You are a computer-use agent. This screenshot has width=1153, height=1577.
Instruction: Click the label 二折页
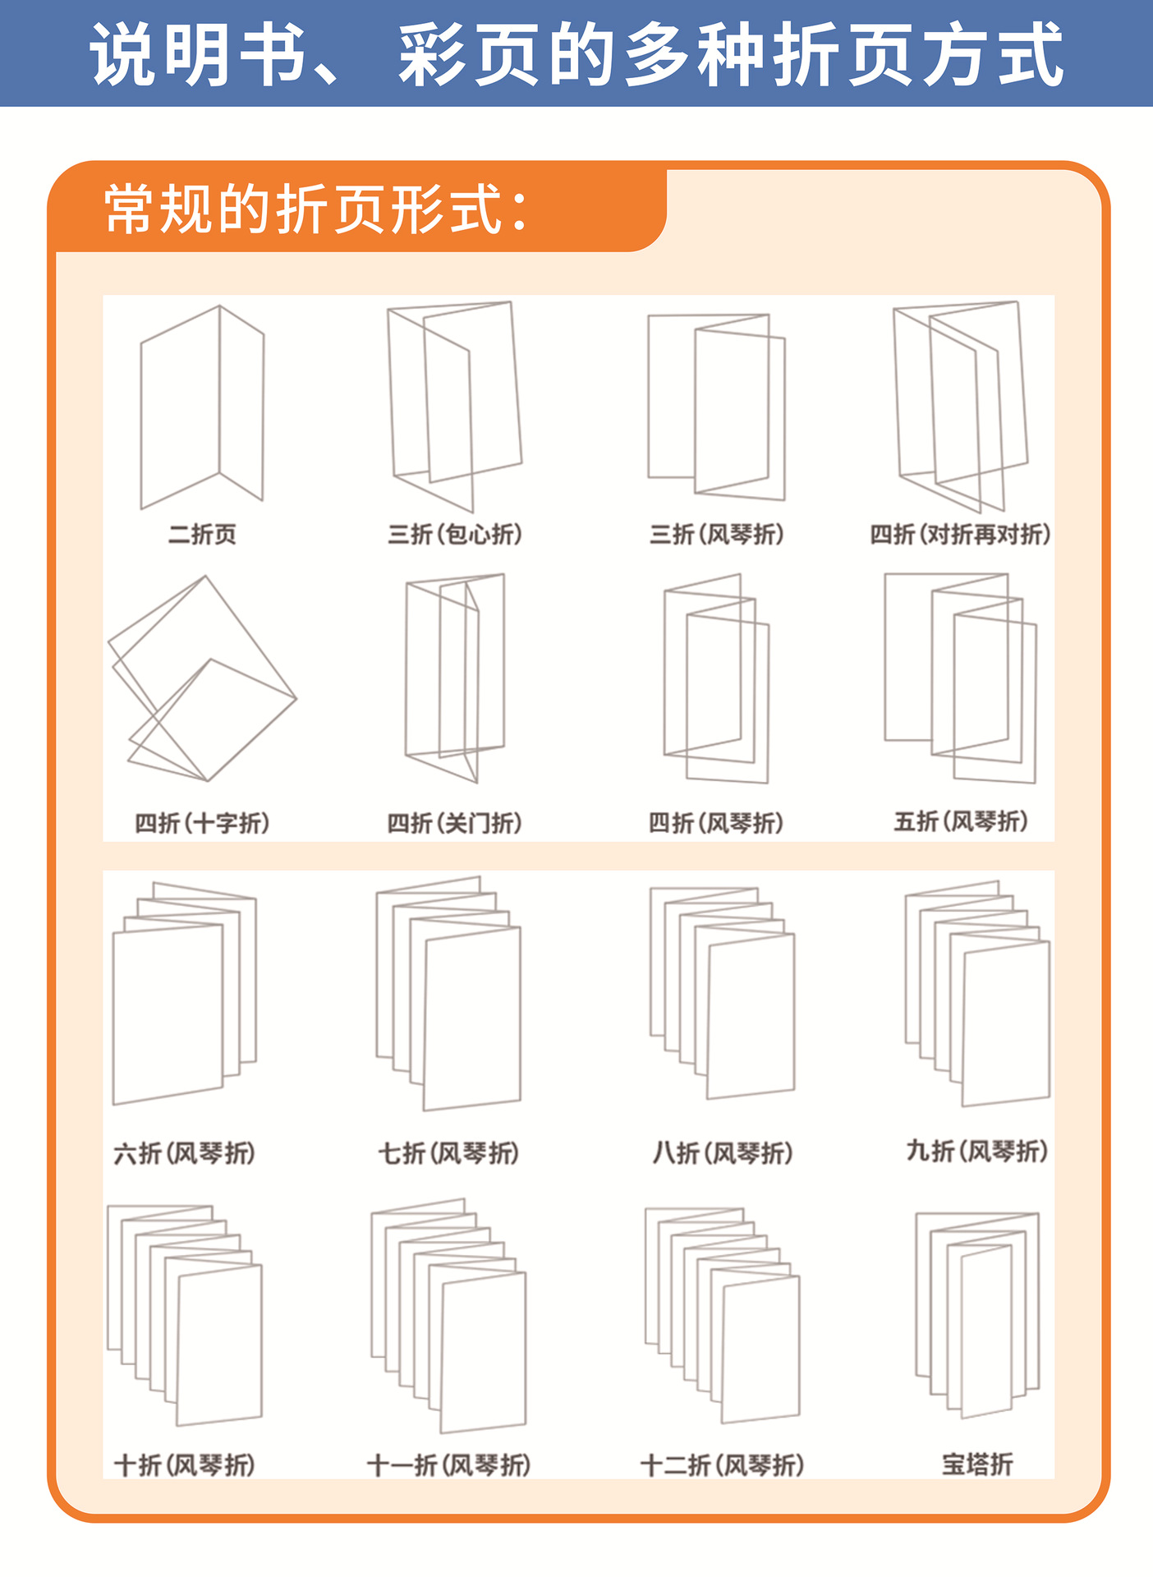click(202, 535)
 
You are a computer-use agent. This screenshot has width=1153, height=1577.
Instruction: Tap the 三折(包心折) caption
click(455, 535)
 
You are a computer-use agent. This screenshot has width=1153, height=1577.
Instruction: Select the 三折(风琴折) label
click(716, 535)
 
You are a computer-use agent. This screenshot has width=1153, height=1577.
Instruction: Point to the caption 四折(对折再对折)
click(960, 535)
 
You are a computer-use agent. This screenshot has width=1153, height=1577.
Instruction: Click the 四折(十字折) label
click(202, 823)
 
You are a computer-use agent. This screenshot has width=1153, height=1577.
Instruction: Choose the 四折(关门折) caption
click(455, 823)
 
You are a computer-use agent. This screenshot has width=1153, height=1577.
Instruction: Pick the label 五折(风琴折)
click(961, 821)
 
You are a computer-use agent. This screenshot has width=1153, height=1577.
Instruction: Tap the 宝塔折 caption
click(977, 1464)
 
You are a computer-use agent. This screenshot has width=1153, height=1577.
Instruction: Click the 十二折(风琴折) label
click(722, 1464)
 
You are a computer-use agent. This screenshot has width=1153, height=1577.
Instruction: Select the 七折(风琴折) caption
click(448, 1153)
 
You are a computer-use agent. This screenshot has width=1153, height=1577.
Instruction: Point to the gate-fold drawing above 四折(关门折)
click(454, 677)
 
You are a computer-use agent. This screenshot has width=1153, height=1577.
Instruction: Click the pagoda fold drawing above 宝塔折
click(977, 1314)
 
